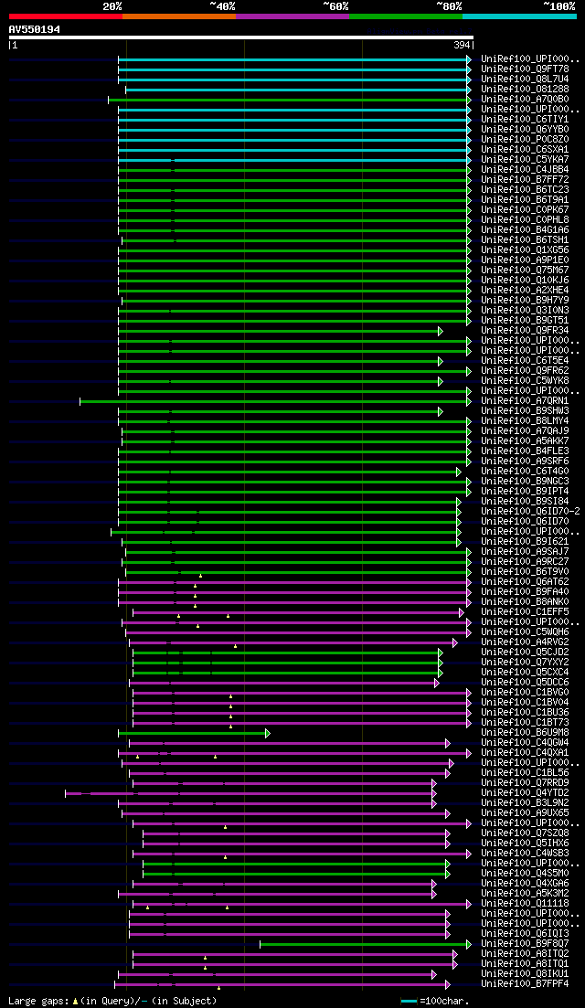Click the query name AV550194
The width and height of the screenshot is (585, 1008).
pyautogui.click(x=35, y=29)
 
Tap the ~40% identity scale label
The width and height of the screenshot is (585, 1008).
pyautogui.click(x=222, y=5)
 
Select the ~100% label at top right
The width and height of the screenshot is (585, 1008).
pyautogui.click(x=559, y=5)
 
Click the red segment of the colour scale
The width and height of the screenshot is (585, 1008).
pyautogui.click(x=65, y=16)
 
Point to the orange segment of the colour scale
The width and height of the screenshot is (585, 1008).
pyautogui.click(x=178, y=16)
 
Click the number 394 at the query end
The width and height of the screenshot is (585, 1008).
pyautogui.click(x=462, y=45)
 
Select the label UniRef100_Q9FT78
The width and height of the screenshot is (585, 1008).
pyautogui.click(x=525, y=69)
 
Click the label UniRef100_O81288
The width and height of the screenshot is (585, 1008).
pyautogui.click(x=525, y=89)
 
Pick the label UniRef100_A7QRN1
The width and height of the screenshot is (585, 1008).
pyautogui.click(x=525, y=400)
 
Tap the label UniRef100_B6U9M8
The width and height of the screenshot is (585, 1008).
pyautogui.click(x=525, y=732)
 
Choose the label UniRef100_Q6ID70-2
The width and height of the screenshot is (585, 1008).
pyautogui.click(x=530, y=511)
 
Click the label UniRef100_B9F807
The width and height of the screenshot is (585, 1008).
pyautogui.click(x=525, y=943)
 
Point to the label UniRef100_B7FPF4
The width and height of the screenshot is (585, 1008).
pyautogui.click(x=525, y=983)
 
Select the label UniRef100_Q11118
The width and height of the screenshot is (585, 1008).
pyautogui.click(x=525, y=903)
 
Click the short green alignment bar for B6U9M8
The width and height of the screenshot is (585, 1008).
pyautogui.click(x=192, y=733)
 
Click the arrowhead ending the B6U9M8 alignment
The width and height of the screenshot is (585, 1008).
pyautogui.click(x=268, y=733)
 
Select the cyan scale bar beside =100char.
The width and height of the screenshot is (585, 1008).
pyautogui.click(x=409, y=1001)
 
